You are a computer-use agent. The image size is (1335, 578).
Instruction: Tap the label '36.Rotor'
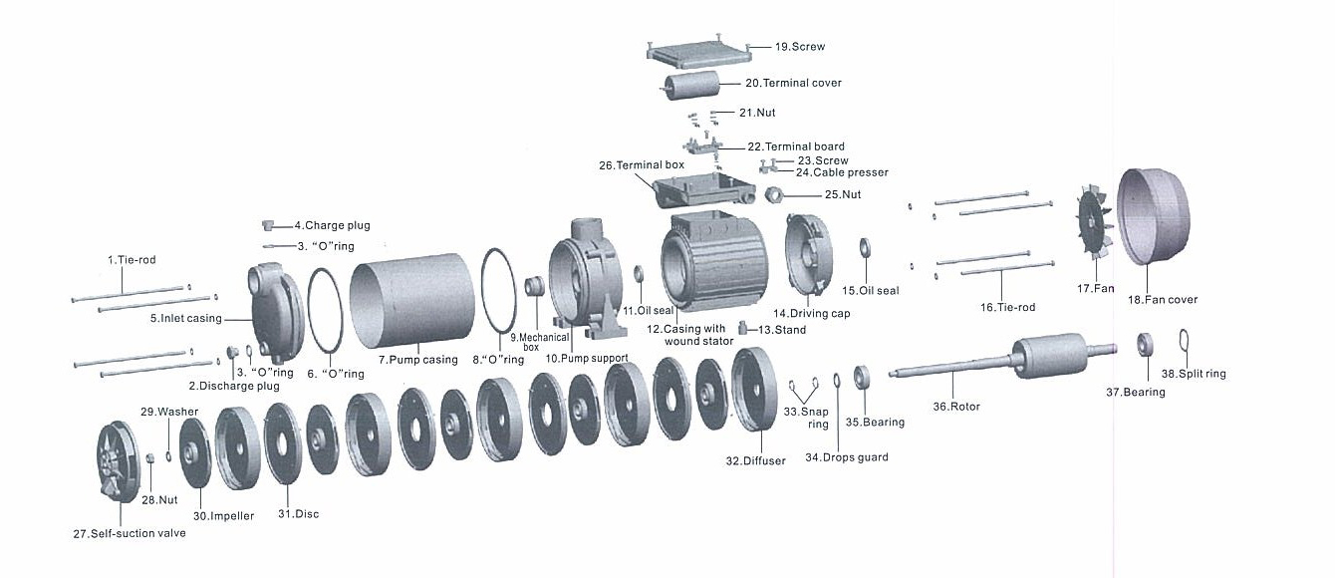[955, 407]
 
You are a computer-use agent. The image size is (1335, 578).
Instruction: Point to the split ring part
[1184, 340]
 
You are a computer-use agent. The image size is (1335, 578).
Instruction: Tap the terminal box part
[701, 189]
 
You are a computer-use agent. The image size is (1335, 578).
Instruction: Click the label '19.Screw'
[800, 47]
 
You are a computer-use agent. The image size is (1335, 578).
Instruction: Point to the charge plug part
[268, 224]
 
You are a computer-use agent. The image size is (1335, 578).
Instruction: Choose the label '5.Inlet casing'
[186, 319]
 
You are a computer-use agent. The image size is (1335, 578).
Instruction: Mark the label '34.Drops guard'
[846, 457]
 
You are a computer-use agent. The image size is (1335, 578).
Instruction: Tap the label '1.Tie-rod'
[132, 260]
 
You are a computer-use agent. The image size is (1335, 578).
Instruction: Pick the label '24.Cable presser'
[842, 172]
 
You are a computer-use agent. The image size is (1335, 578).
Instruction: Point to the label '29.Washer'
[169, 411]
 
